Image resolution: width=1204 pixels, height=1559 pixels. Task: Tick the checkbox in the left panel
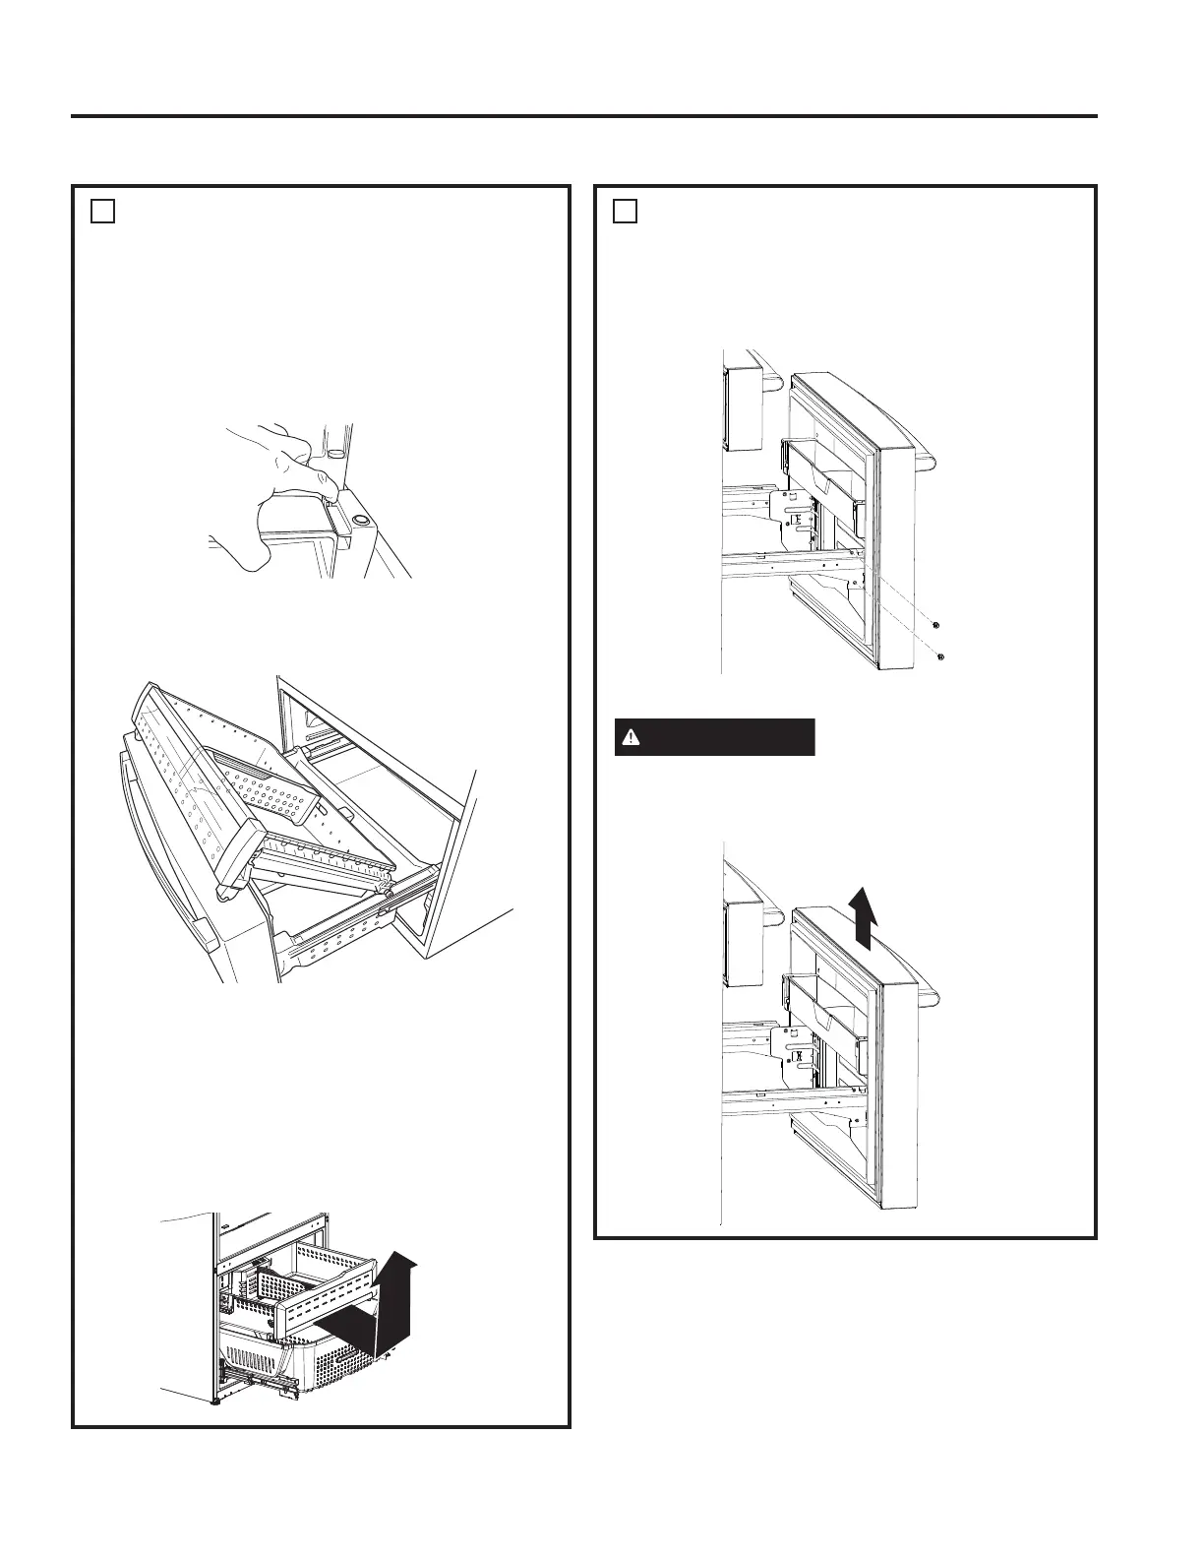[103, 212]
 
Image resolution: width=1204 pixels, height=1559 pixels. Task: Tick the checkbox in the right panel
[625, 212]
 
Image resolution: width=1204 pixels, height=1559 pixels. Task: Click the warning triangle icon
[632, 737]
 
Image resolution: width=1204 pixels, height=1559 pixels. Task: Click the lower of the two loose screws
[941, 656]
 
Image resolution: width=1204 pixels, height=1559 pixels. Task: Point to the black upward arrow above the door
[863, 915]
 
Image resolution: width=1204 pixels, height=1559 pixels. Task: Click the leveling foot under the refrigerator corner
[215, 1401]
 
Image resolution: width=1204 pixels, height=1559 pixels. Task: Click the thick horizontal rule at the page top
[583, 116]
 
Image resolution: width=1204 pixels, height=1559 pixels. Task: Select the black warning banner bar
[715, 737]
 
